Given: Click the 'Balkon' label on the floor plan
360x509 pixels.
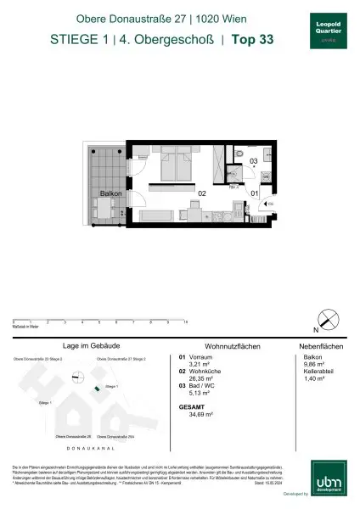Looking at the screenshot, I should (111, 193).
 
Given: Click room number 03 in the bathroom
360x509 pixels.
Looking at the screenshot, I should (252, 160).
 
